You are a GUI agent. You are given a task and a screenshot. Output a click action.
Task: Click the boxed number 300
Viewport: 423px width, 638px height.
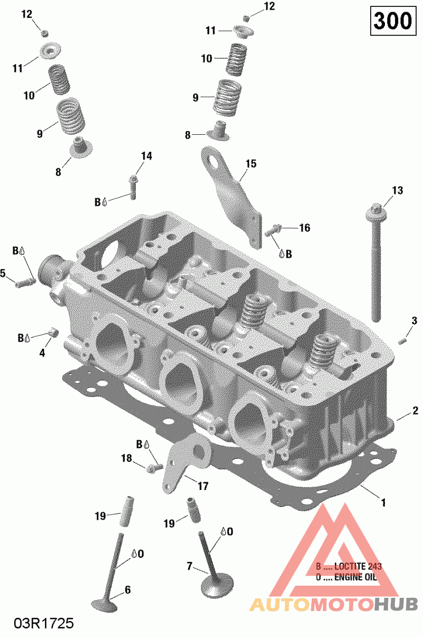[x=392, y=21]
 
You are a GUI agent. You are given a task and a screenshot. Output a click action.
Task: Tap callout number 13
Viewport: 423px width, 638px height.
[x=397, y=190]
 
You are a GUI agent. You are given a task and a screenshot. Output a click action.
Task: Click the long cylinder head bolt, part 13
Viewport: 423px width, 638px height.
[x=376, y=264]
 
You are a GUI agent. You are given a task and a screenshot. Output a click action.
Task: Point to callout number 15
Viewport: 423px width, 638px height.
[x=251, y=164]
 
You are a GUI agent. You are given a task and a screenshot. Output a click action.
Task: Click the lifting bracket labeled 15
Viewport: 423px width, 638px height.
[x=233, y=198]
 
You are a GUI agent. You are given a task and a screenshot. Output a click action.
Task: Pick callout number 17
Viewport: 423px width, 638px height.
[x=203, y=485]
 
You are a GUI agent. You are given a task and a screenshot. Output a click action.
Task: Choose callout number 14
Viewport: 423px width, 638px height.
[x=146, y=156]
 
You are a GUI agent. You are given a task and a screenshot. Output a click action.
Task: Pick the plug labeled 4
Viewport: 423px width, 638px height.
[x=53, y=332]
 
